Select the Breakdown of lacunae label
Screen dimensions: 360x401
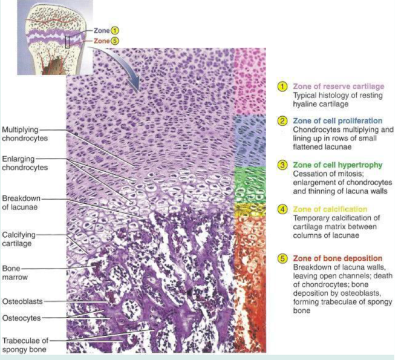pos(21,202)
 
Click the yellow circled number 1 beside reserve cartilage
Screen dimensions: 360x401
pos(282,87)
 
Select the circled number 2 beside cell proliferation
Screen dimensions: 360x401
pos(282,120)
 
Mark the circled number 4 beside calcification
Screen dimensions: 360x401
pos(282,209)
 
